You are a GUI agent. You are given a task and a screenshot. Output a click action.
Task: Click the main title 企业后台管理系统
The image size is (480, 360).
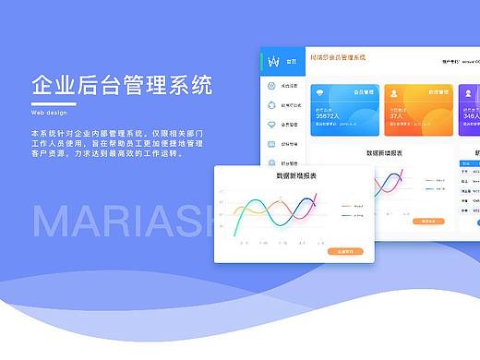121,87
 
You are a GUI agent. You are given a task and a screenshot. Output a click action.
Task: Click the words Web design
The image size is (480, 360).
49,111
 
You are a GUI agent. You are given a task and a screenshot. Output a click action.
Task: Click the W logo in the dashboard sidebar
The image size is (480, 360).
273,61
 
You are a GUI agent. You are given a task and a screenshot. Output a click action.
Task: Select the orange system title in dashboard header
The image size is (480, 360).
338,57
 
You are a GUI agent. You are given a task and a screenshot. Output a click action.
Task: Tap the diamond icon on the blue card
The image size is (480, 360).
321,93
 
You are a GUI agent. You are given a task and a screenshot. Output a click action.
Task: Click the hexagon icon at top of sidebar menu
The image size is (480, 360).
271,87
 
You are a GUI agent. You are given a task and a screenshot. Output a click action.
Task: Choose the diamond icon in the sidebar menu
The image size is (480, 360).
271,124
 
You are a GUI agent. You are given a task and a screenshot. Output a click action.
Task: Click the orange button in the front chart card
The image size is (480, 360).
344,251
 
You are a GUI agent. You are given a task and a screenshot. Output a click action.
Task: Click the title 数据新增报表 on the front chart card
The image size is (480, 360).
294,174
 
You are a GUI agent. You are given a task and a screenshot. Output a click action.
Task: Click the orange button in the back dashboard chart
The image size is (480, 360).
427,222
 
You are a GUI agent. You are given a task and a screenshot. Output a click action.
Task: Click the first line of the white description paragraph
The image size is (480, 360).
115,134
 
